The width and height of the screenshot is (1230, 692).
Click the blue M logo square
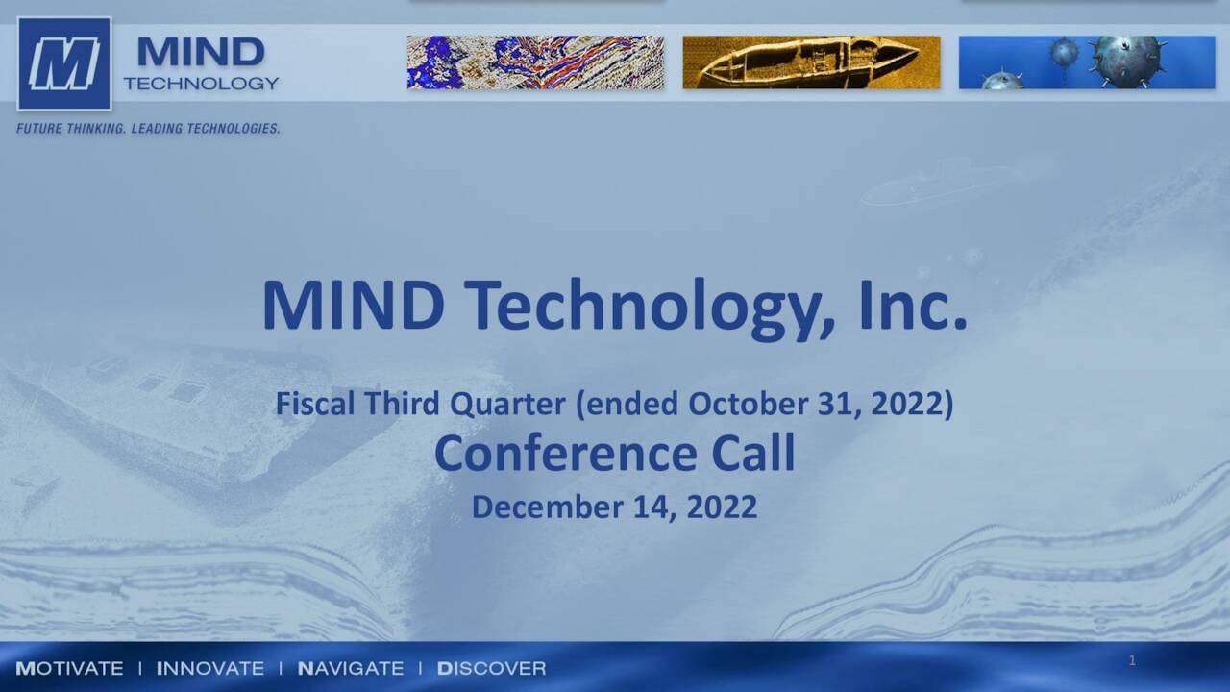coord(63,63)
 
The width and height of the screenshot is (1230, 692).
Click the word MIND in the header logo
coord(201,53)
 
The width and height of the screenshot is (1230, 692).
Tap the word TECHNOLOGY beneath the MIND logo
coord(201,84)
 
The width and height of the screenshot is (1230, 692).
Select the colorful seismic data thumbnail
coord(535,62)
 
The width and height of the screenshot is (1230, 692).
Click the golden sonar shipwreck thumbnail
coord(811,62)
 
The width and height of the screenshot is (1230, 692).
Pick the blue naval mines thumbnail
coord(1087,62)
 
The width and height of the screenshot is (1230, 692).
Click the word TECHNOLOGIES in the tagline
coord(235,129)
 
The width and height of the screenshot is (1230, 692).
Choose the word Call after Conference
coord(753,454)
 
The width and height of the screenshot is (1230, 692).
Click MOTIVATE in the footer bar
coord(69,668)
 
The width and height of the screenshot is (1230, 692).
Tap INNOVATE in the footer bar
coord(209,668)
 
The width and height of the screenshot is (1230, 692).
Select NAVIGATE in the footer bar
coord(351,668)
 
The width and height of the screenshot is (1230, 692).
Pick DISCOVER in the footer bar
coord(491,668)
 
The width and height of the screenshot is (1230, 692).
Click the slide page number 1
coord(1132,660)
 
